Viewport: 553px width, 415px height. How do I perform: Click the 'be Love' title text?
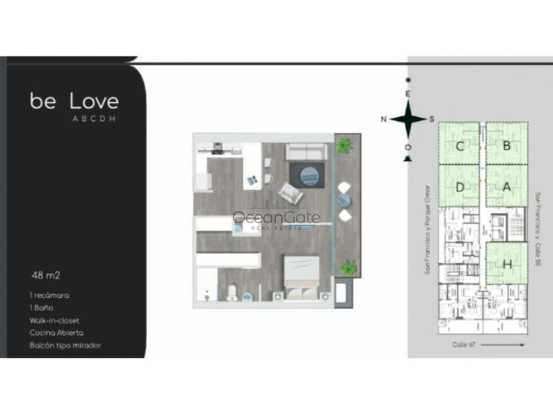[74, 101]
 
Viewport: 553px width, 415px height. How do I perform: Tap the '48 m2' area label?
[42, 275]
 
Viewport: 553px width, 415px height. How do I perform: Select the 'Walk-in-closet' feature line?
[54, 321]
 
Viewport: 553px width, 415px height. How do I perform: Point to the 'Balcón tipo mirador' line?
[65, 345]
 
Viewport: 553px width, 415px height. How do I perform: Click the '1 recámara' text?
[49, 295]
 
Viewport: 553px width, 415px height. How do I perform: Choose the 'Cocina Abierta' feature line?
[56, 333]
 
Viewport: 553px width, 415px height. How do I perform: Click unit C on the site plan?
[459, 146]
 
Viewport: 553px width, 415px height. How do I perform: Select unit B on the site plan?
[506, 146]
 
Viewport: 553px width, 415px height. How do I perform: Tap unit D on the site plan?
[459, 187]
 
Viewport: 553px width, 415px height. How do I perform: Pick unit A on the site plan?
[506, 187]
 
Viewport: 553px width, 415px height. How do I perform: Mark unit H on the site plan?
[507, 265]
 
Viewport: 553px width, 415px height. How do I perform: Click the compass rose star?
[408, 119]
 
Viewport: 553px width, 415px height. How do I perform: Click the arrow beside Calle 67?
[505, 344]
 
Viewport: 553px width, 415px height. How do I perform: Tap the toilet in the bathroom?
[232, 292]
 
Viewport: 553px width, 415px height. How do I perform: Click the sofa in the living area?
[306, 152]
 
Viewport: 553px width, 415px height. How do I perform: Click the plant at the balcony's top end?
[343, 146]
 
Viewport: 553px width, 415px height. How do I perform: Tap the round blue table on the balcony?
[344, 200]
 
